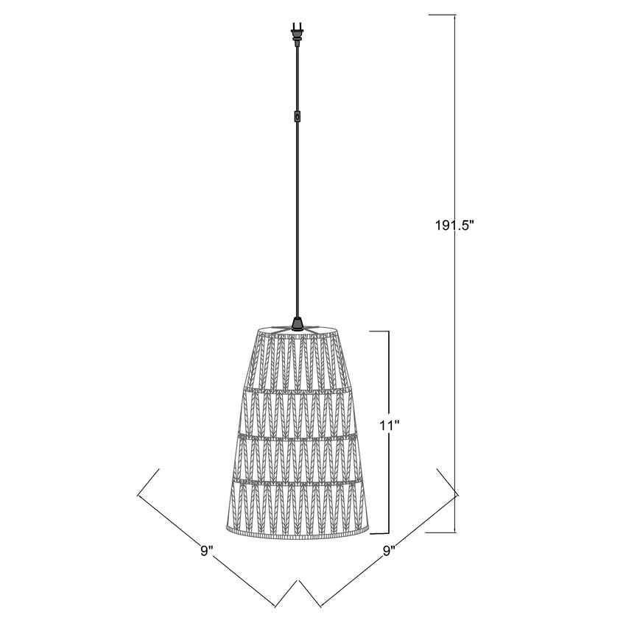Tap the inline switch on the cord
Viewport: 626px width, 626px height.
coord(297,116)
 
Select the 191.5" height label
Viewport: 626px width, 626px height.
coord(454,226)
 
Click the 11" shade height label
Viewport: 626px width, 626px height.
coord(388,425)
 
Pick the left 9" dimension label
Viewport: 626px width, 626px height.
coord(206,550)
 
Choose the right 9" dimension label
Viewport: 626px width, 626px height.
coord(390,550)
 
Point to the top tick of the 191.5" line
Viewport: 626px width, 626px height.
coord(442,15)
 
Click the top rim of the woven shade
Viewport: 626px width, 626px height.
coord(297,329)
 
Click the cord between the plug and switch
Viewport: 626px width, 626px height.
coord(297,77)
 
